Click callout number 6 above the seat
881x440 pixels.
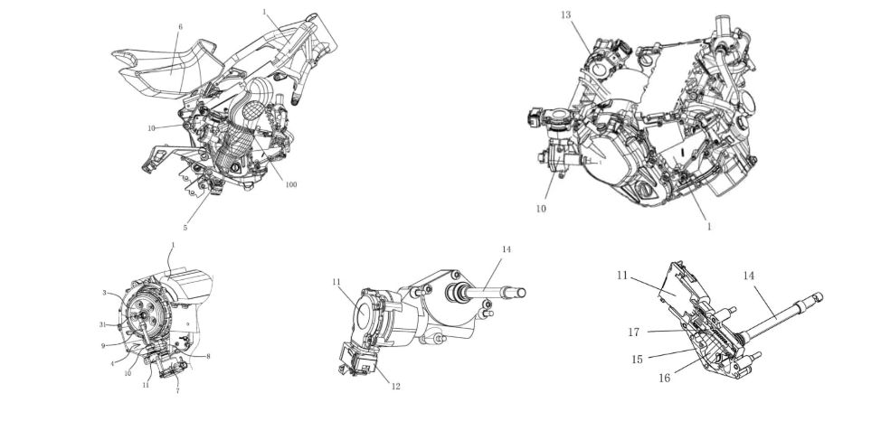180,27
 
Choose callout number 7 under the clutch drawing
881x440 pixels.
178,391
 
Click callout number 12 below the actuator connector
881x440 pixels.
394,387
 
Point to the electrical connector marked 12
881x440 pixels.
363,360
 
